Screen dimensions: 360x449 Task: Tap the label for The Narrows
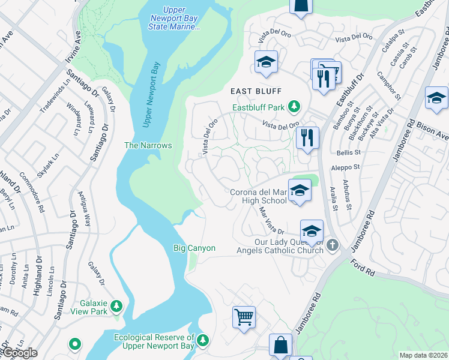click(x=148, y=145)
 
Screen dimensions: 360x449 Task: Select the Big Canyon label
click(x=194, y=248)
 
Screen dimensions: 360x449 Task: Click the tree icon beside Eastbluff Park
click(x=294, y=107)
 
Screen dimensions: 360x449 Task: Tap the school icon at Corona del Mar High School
click(x=298, y=190)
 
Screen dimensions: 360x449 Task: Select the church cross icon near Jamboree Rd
click(x=333, y=244)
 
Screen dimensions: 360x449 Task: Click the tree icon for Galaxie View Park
click(x=115, y=306)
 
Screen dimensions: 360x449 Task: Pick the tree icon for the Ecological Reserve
click(x=203, y=340)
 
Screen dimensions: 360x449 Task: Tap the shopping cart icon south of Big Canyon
click(x=244, y=316)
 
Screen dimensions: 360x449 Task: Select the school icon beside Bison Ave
click(x=436, y=98)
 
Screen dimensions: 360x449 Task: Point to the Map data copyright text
click(x=423, y=355)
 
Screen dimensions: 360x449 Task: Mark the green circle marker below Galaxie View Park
click(x=74, y=344)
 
